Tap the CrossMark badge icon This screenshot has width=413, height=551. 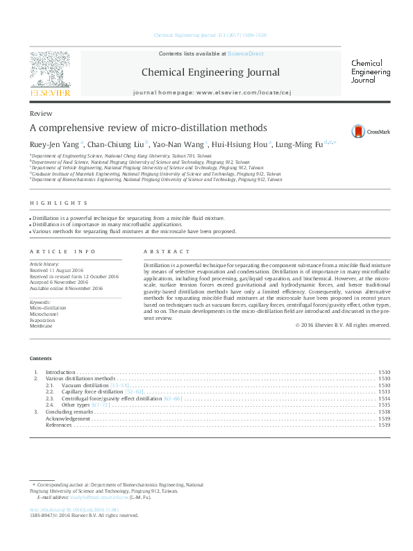tap(358, 131)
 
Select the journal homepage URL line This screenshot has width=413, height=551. tap(210, 92)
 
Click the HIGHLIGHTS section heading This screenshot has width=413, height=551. tap(58, 203)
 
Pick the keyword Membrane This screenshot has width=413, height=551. tap(42, 325)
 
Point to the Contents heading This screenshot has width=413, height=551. tap(40, 358)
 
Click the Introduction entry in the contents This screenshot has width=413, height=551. tap(60, 372)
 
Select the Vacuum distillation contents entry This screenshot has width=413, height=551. tap(85, 384)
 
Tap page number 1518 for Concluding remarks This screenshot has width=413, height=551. tap(384, 412)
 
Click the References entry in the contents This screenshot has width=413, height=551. tap(59, 425)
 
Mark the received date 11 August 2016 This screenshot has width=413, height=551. tap(68, 271)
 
